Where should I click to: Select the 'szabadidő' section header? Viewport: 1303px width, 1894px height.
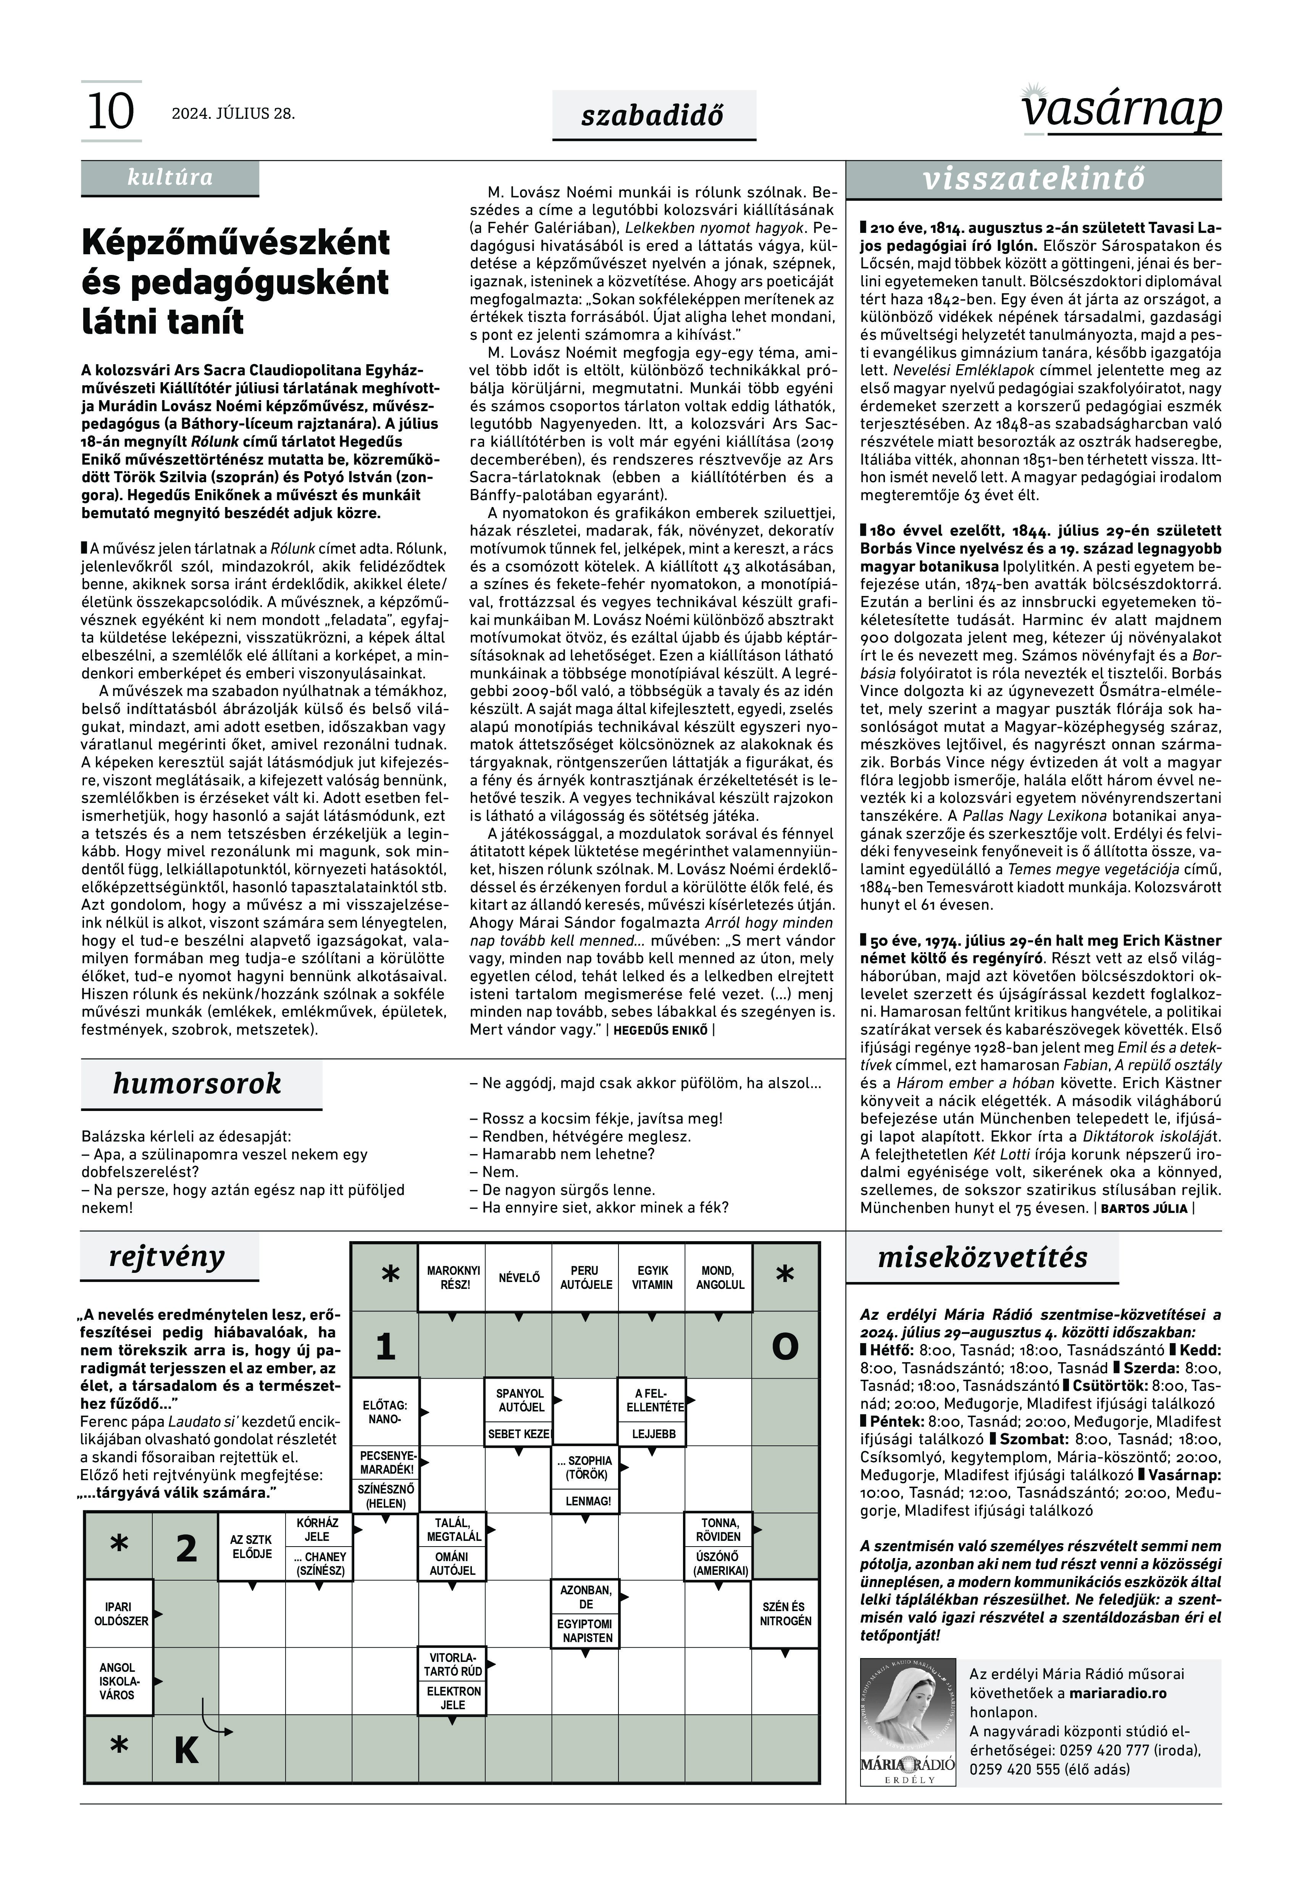tap(653, 115)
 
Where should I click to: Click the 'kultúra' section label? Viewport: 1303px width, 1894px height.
tap(170, 177)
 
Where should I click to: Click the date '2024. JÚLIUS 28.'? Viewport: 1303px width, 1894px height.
tap(233, 113)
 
